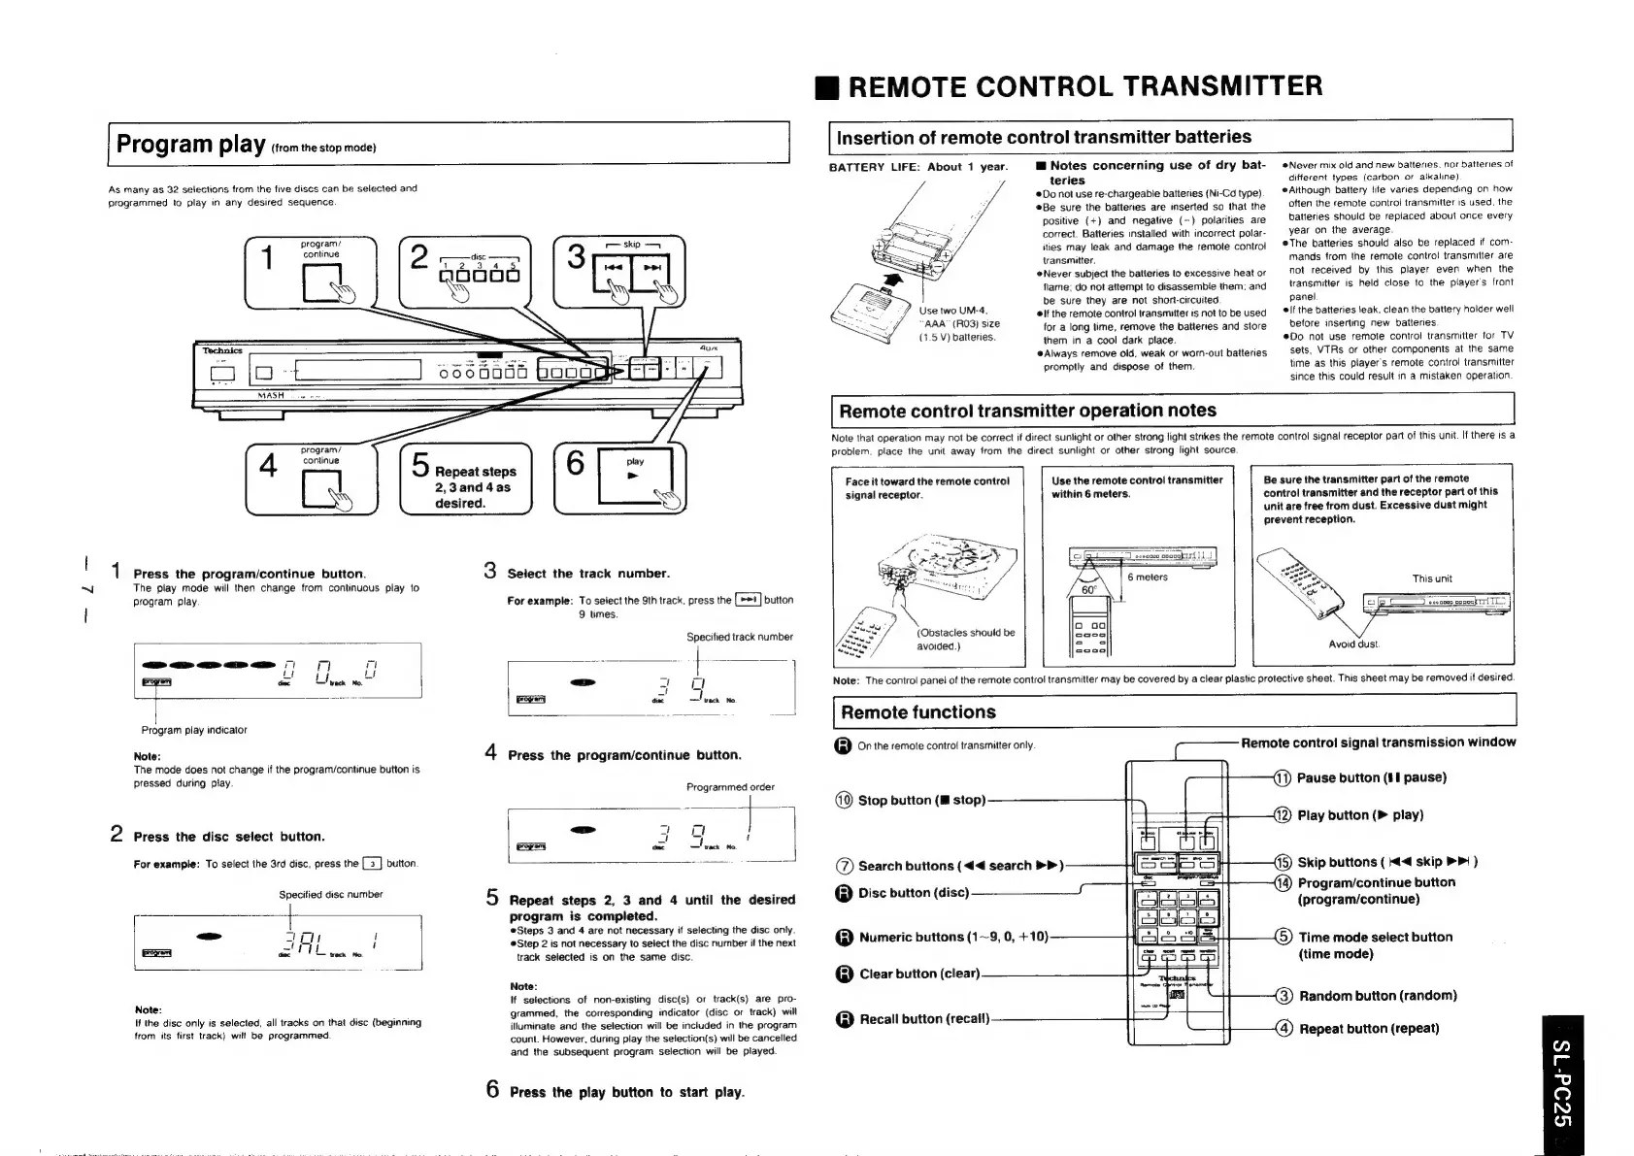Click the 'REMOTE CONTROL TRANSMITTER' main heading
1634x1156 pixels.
pyautogui.click(x=1084, y=86)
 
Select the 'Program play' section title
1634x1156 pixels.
pyautogui.click(x=190, y=145)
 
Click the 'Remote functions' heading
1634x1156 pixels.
pyautogui.click(x=917, y=712)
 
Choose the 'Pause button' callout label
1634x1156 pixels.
pyautogui.click(x=1371, y=777)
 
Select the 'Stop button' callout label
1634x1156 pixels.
pyautogui.click(x=921, y=800)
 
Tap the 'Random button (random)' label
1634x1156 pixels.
pyautogui.click(x=1378, y=996)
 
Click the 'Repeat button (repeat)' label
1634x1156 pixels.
pyautogui.click(x=1369, y=1029)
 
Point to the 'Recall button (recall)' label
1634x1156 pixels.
pyautogui.click(x=923, y=1018)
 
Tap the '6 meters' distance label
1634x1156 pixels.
pyautogui.click(x=1148, y=577)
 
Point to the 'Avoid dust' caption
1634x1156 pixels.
pyautogui.click(x=1353, y=644)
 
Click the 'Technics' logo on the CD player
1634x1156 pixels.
pyautogui.click(x=221, y=350)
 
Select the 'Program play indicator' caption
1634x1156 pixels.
pyautogui.click(x=194, y=730)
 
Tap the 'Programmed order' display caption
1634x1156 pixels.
pyautogui.click(x=730, y=787)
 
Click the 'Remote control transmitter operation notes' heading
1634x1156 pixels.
pyautogui.click(x=1027, y=411)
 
